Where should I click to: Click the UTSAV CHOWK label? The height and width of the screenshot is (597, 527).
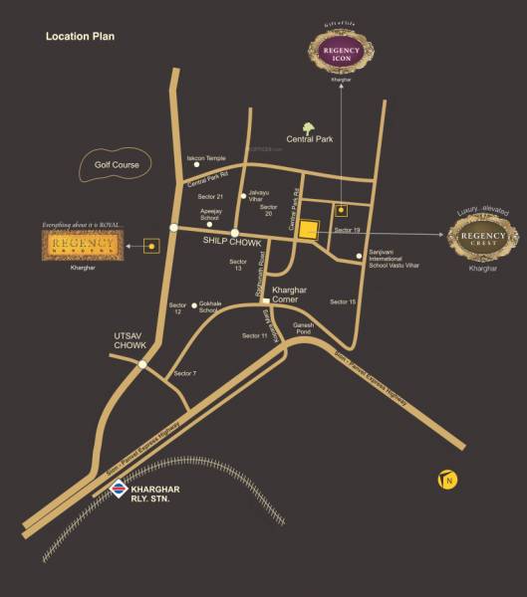point(131,340)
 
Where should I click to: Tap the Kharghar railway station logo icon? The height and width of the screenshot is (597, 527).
point(119,489)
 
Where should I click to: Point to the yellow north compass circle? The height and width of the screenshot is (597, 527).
point(447,482)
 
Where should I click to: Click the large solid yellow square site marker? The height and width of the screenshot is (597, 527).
point(310,231)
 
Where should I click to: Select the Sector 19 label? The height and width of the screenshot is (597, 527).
point(347,230)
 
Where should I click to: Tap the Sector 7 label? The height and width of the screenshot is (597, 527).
point(185,372)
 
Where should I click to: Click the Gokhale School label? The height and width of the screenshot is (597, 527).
point(209,307)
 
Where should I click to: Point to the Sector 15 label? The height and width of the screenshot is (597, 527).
point(343,300)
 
